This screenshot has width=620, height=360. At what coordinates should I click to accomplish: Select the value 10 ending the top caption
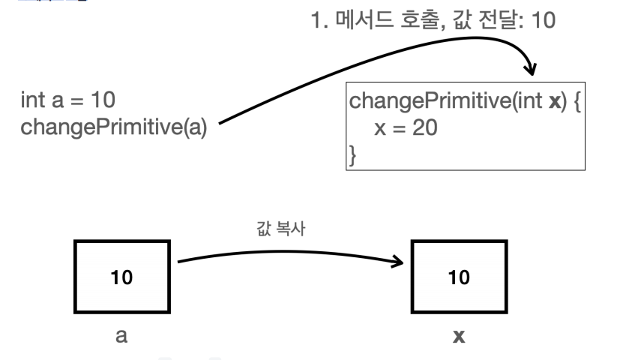(542, 20)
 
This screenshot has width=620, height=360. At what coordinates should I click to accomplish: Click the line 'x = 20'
(406, 127)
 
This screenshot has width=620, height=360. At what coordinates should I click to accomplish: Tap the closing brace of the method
(351, 155)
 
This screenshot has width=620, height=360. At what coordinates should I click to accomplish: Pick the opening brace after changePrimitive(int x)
(578, 100)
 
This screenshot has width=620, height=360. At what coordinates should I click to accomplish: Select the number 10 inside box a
(122, 277)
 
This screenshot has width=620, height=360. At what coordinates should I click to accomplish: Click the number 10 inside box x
(459, 277)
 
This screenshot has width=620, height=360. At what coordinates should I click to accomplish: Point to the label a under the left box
(121, 336)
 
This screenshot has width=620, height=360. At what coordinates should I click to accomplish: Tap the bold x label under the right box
(459, 337)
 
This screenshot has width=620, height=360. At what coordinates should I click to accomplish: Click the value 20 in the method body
(425, 127)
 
